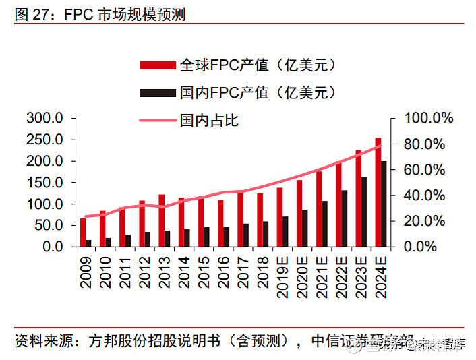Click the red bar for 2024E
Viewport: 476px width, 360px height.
[x=378, y=193]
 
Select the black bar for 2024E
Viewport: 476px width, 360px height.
[x=384, y=204]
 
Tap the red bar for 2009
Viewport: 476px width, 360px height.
[x=82, y=233]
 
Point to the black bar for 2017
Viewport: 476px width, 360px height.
[x=245, y=235]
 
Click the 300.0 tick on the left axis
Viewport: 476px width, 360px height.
[x=44, y=119]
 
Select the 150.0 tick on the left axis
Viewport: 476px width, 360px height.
[x=44, y=183]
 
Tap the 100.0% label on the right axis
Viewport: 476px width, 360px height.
[x=429, y=119]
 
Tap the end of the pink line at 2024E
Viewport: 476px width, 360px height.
[x=382, y=145]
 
